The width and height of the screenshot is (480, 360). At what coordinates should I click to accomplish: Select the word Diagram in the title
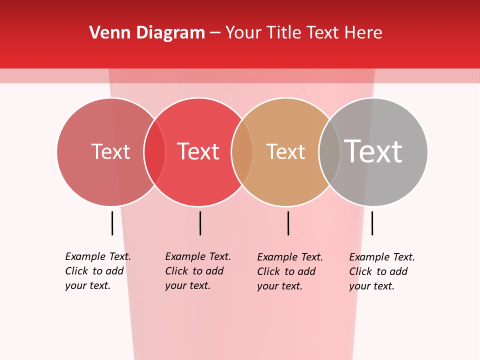(x=170, y=33)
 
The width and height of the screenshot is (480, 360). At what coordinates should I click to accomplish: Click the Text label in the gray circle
(x=373, y=151)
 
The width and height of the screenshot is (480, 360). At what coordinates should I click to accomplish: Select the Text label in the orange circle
(x=285, y=152)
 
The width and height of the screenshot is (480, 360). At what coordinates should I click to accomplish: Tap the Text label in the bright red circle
(x=198, y=152)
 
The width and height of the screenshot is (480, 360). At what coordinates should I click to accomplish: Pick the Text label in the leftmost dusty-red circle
(x=110, y=152)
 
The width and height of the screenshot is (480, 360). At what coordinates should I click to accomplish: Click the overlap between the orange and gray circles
(x=330, y=152)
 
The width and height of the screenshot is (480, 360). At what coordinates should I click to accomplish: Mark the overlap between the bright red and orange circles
(x=242, y=152)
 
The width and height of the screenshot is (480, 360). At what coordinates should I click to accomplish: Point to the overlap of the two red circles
(x=155, y=152)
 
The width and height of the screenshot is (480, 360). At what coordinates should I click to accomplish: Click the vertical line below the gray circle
(x=372, y=223)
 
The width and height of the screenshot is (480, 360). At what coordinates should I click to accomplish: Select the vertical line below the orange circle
(x=288, y=223)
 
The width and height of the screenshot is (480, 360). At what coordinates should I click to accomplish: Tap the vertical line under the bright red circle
(x=200, y=223)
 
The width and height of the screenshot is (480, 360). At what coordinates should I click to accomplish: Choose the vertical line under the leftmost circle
(x=112, y=223)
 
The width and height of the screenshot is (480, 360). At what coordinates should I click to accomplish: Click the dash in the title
(x=215, y=33)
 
